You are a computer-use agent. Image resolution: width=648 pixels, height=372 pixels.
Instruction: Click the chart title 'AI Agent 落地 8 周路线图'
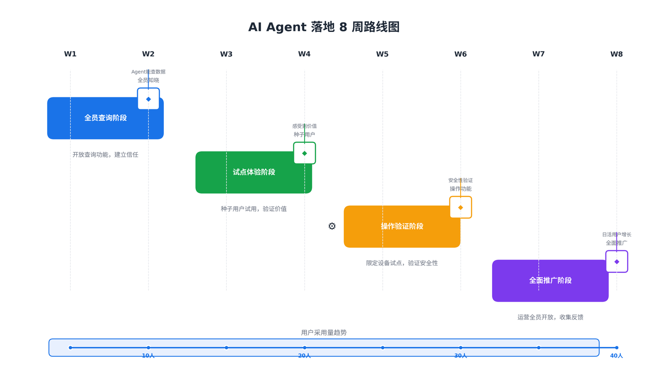pyautogui.click(x=324, y=27)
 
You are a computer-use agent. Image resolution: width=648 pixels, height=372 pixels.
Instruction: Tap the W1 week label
pyautogui.click(x=70, y=54)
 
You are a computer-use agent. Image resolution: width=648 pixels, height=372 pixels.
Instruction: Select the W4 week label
pyautogui.click(x=304, y=54)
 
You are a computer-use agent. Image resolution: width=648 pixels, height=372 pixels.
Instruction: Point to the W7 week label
pyautogui.click(x=538, y=54)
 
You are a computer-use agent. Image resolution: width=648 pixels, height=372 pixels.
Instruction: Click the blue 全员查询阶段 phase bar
pyautogui.click(x=106, y=118)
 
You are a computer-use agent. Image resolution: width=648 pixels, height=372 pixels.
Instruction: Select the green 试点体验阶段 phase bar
pyautogui.click(x=254, y=172)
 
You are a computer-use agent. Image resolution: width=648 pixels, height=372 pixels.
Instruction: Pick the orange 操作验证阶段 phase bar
pyautogui.click(x=402, y=227)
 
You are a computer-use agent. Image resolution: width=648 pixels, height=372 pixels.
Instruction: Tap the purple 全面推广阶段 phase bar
pyautogui.click(x=550, y=281)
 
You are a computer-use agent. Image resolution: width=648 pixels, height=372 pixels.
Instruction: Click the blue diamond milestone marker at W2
pyautogui.click(x=148, y=99)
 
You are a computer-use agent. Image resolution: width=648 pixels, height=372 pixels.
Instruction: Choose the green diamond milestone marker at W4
pyautogui.click(x=305, y=153)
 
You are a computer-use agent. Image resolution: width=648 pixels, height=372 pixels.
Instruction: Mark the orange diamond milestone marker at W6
pyautogui.click(x=461, y=208)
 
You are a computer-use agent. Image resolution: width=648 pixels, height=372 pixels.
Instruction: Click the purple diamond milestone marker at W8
pyautogui.click(x=617, y=262)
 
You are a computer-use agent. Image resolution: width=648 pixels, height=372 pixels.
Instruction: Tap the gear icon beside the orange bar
pyautogui.click(x=332, y=227)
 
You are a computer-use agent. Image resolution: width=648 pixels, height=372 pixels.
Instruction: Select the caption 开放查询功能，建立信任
pyautogui.click(x=106, y=155)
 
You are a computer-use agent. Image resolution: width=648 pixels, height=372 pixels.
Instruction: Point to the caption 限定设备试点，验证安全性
pyautogui.click(x=402, y=263)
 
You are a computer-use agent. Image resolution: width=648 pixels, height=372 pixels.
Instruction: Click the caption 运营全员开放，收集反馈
pyautogui.click(x=550, y=317)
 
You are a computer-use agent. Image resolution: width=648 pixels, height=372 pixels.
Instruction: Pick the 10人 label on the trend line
pyautogui.click(x=148, y=356)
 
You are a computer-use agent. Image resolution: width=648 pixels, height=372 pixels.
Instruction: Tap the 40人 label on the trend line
pyautogui.click(x=617, y=356)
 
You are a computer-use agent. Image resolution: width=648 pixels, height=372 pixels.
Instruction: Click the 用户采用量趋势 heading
pyautogui.click(x=324, y=333)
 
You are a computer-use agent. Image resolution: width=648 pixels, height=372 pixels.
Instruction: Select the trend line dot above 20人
pyautogui.click(x=305, y=347)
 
